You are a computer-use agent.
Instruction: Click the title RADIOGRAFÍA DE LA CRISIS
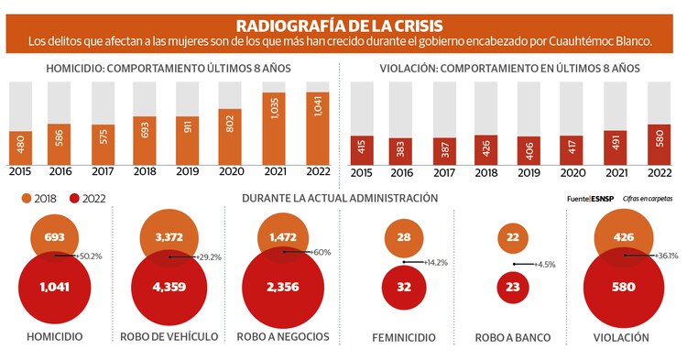coord(343,25)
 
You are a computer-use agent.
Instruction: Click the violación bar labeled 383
coord(399,148)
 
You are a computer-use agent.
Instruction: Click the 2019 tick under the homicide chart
coord(188,171)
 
